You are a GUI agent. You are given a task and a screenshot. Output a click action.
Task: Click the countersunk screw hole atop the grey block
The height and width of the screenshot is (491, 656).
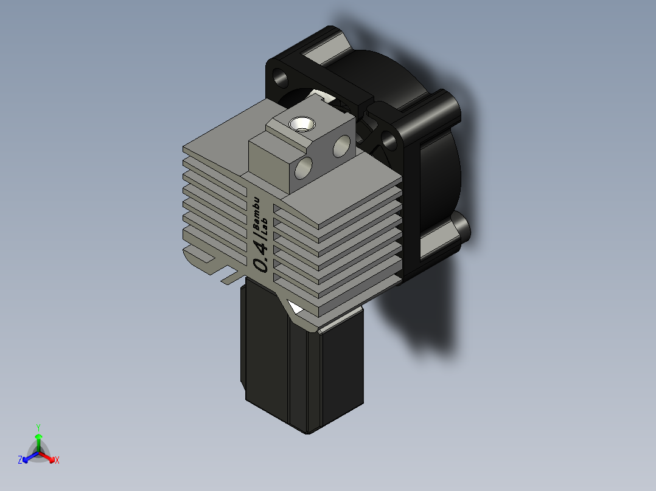click(x=302, y=125)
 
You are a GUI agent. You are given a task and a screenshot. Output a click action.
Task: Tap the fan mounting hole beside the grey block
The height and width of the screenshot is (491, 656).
click(x=388, y=141)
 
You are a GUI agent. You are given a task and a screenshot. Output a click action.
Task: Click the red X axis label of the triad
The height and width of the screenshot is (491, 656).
click(x=57, y=461)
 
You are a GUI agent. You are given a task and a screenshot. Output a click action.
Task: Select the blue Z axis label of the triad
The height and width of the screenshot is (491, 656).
click(x=20, y=461)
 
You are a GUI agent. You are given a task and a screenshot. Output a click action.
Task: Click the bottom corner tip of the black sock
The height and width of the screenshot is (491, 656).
click(x=307, y=432)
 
